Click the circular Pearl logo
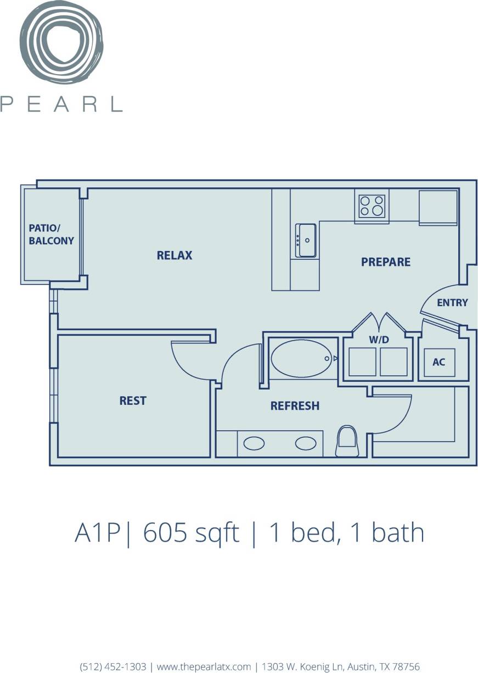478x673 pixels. pyautogui.click(x=61, y=42)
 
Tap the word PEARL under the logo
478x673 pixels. pyautogui.click(x=61, y=104)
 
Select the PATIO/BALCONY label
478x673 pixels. pyautogui.click(x=52, y=235)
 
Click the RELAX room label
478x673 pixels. pyautogui.click(x=175, y=255)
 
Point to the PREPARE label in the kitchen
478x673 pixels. pyautogui.click(x=386, y=262)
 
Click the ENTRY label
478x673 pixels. pyautogui.click(x=452, y=303)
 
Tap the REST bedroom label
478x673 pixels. pyautogui.click(x=133, y=401)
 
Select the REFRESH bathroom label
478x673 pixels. pyautogui.click(x=295, y=406)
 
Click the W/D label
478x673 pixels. pyautogui.click(x=379, y=340)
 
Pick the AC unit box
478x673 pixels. pyautogui.click(x=439, y=363)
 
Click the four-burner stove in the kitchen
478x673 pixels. pyautogui.click(x=372, y=206)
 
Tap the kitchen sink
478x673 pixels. pyautogui.click(x=306, y=240)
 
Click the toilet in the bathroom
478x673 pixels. pyautogui.click(x=347, y=441)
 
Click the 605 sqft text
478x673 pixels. pyautogui.click(x=191, y=533)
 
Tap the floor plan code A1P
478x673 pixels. pyautogui.click(x=97, y=533)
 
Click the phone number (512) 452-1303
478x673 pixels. pyautogui.click(x=113, y=666)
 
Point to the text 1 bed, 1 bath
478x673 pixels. pyautogui.click(x=346, y=533)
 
